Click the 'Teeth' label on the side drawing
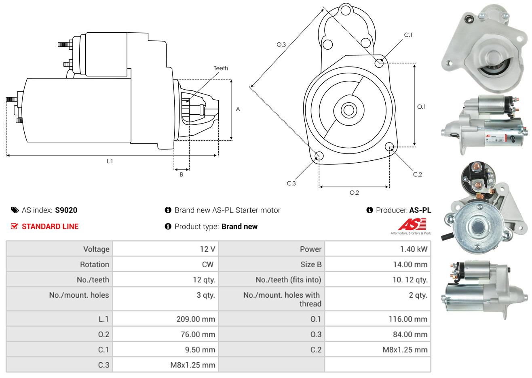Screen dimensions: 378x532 pyautogui.click(x=221, y=68)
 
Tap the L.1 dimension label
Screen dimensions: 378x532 pyautogui.click(x=110, y=161)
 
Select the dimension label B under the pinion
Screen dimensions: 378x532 pyautogui.click(x=182, y=174)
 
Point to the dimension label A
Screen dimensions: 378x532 pyautogui.click(x=238, y=109)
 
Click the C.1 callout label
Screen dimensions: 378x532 pyautogui.click(x=408, y=35)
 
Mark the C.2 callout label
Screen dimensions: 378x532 pyautogui.click(x=417, y=174)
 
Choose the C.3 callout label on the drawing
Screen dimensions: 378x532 pyautogui.click(x=291, y=183)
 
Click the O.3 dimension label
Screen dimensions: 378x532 pyautogui.click(x=281, y=45)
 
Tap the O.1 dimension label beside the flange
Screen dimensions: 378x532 pyautogui.click(x=421, y=107)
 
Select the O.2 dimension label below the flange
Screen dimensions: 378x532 pyautogui.click(x=354, y=193)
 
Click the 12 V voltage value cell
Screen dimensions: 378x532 pyautogui.click(x=207, y=249)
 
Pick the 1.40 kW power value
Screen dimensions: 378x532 pyautogui.click(x=414, y=249)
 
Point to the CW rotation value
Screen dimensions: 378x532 pyautogui.click(x=207, y=265)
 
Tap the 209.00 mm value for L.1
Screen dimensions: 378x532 pyautogui.click(x=196, y=319)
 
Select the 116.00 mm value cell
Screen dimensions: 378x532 pyautogui.click(x=408, y=319)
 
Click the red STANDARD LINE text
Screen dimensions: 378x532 pyautogui.click(x=50, y=227)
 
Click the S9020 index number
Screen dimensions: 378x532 pyautogui.click(x=66, y=210)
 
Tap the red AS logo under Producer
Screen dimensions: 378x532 pyautogui.click(x=412, y=224)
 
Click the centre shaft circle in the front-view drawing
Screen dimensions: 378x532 pyautogui.click(x=348, y=109)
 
